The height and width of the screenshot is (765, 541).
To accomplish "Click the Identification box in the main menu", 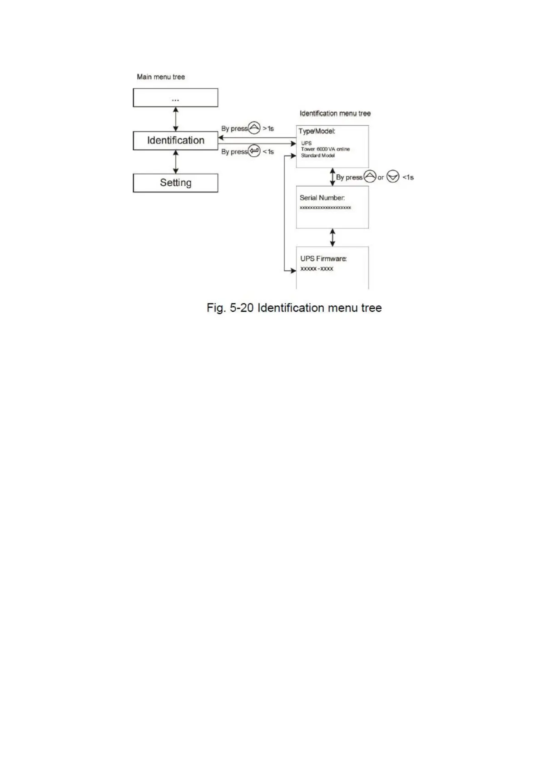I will click(x=175, y=141).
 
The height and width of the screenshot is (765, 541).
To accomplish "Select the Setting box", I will click(x=175, y=183).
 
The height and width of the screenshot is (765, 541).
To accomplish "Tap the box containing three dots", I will click(x=175, y=98).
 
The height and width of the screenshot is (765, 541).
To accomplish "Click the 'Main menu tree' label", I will click(x=161, y=77).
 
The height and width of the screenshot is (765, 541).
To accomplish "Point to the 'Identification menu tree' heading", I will click(x=335, y=114).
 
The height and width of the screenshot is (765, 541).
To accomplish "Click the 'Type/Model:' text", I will click(x=317, y=131).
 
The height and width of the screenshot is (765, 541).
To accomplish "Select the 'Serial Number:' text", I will click(x=322, y=198).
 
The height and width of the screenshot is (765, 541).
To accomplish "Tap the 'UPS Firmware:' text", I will click(x=323, y=259).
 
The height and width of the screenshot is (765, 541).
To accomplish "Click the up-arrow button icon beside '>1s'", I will click(x=255, y=129).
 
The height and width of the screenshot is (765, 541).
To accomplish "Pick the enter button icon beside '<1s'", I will click(x=254, y=151).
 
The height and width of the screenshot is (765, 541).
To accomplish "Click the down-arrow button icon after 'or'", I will click(x=392, y=177).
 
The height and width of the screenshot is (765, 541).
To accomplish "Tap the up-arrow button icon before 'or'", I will click(x=370, y=177).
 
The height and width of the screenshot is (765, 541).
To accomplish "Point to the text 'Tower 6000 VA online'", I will click(x=325, y=149).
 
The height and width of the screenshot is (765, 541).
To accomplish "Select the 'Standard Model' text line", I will click(x=318, y=155).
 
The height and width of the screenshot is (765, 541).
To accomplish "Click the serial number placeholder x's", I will click(x=325, y=208).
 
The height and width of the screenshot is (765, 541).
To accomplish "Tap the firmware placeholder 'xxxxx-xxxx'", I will click(x=317, y=269).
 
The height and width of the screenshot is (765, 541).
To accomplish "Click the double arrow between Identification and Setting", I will click(x=176, y=162).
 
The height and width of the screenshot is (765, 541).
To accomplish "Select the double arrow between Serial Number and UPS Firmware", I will click(x=333, y=238).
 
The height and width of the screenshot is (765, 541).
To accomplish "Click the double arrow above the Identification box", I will click(x=176, y=119).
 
